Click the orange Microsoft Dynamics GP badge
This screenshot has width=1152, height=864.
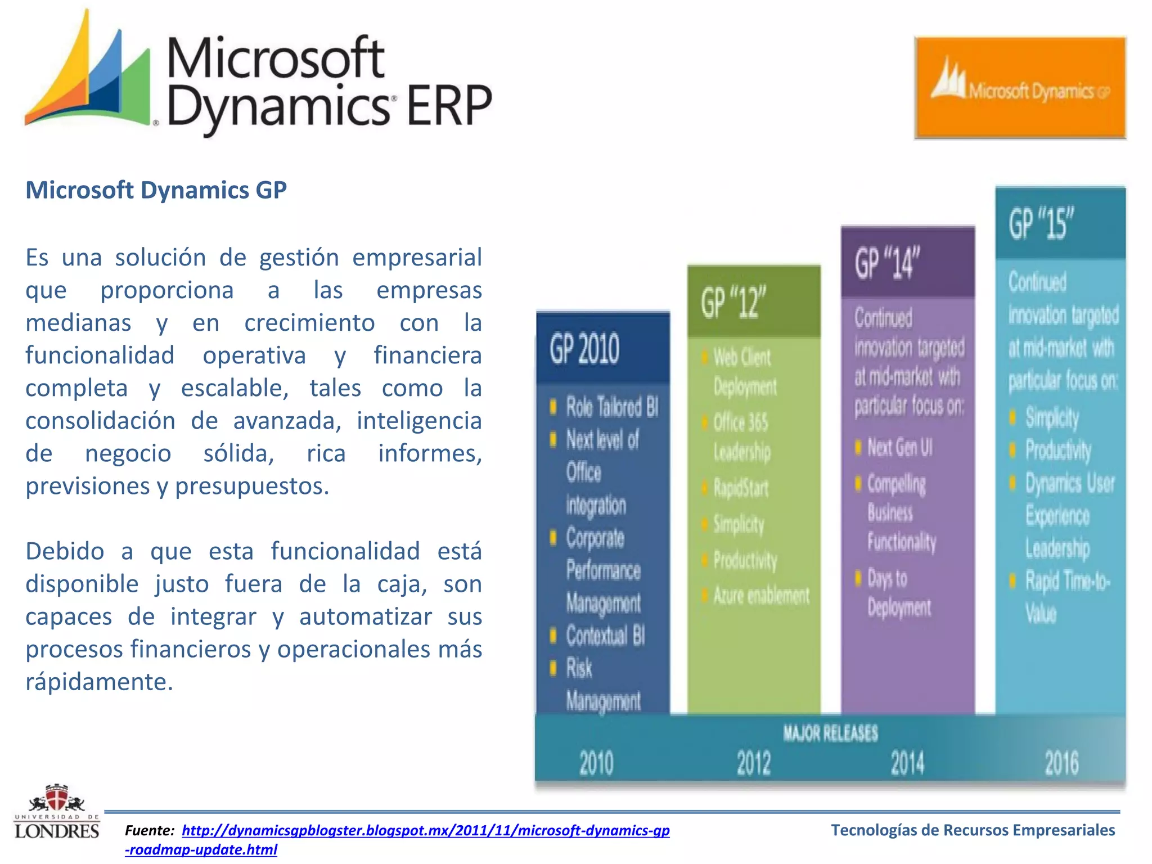[1020, 88]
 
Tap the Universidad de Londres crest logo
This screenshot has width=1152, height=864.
[56, 811]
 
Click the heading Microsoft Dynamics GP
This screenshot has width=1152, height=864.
[156, 190]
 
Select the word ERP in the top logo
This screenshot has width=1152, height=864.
[448, 106]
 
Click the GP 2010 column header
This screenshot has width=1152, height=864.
[585, 349]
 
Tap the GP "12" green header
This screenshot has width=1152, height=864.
[734, 303]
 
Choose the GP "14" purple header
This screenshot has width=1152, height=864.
[887, 263]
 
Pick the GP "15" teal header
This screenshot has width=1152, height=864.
[1041, 223]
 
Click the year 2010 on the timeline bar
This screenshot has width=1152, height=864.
[596, 763]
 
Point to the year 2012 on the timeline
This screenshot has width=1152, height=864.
[754, 763]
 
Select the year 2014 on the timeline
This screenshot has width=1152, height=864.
[907, 763]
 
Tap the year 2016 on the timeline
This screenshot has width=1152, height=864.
[1061, 763]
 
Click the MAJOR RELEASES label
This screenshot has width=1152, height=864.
[830, 733]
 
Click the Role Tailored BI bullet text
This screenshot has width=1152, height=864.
[612, 407]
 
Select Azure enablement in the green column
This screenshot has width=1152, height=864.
[761, 595]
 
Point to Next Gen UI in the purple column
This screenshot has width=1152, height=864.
[899, 448]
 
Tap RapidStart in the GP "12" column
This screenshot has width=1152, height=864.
[741, 488]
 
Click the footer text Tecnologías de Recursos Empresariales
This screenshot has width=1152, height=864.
[973, 830]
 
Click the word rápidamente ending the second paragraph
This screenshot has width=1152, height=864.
[98, 682]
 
